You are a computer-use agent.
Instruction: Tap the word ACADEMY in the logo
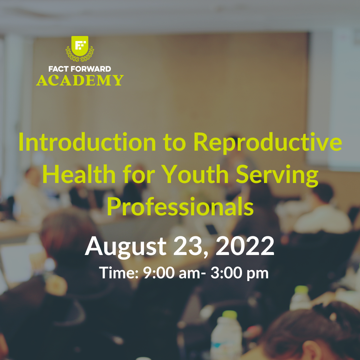click(x=80, y=80)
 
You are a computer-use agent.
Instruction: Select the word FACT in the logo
click(x=58, y=69)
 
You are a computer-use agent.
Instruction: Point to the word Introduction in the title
click(x=87, y=142)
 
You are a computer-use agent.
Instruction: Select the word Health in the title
click(x=79, y=174)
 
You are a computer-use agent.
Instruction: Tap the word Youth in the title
click(x=195, y=174)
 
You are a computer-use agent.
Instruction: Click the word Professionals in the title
click(x=180, y=206)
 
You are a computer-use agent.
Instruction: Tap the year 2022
click(x=245, y=246)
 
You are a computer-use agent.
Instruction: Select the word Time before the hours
click(x=119, y=273)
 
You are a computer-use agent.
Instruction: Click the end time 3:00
click(x=226, y=273)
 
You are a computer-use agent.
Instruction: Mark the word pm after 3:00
click(x=258, y=274)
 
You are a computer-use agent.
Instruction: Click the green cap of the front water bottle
click(x=229, y=315)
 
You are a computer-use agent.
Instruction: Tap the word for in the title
click(x=139, y=174)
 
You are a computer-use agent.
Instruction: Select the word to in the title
click(x=174, y=143)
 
